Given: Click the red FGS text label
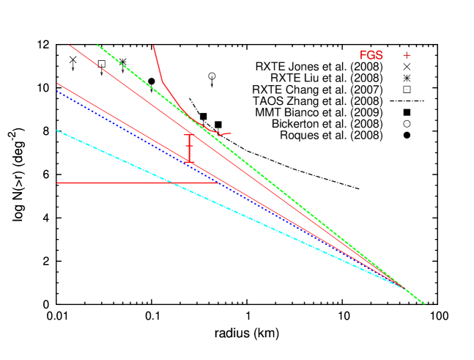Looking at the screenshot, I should pyautogui.click(x=371, y=56).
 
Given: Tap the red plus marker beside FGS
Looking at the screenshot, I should pyautogui.click(x=407, y=55).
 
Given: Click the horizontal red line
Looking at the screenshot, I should pyautogui.click(x=110, y=183).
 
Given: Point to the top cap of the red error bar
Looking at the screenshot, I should pyautogui.click(x=189, y=134).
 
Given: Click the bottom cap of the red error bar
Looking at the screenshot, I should pyautogui.click(x=189, y=161).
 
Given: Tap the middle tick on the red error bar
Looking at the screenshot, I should pyautogui.click(x=189, y=147).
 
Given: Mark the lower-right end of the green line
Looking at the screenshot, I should pyautogui.click(x=423, y=304).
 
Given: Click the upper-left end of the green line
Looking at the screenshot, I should pyautogui.click(x=97, y=44).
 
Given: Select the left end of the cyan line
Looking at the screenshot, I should pyautogui.click(x=57, y=131).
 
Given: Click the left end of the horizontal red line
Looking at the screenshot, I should pyautogui.click(x=57, y=183).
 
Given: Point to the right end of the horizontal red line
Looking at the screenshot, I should pyautogui.click(x=218, y=183).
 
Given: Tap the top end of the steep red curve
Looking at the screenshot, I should pyautogui.click(x=153, y=45).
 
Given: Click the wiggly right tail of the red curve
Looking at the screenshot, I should pyautogui.click(x=223, y=134).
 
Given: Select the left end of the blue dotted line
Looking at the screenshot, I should pyautogui.click(x=57, y=92).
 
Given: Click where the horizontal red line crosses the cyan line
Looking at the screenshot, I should pyautogui.click(x=171, y=183).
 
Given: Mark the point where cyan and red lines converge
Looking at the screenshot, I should pyautogui.click(x=402, y=287).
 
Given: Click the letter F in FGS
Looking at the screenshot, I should pyautogui.click(x=363, y=56).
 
